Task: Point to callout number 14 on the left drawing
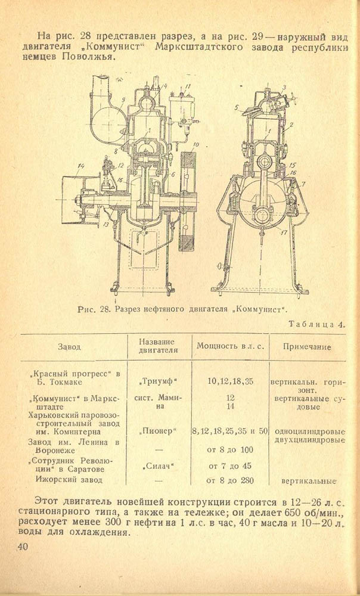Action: [80, 165]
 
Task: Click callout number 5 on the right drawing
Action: [237, 108]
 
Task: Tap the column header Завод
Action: [69, 346]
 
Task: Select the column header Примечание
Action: [306, 346]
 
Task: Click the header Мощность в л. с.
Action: [229, 346]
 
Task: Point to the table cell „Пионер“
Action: [158, 430]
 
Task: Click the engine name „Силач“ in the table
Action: [158, 465]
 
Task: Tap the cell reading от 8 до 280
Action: [229, 479]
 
